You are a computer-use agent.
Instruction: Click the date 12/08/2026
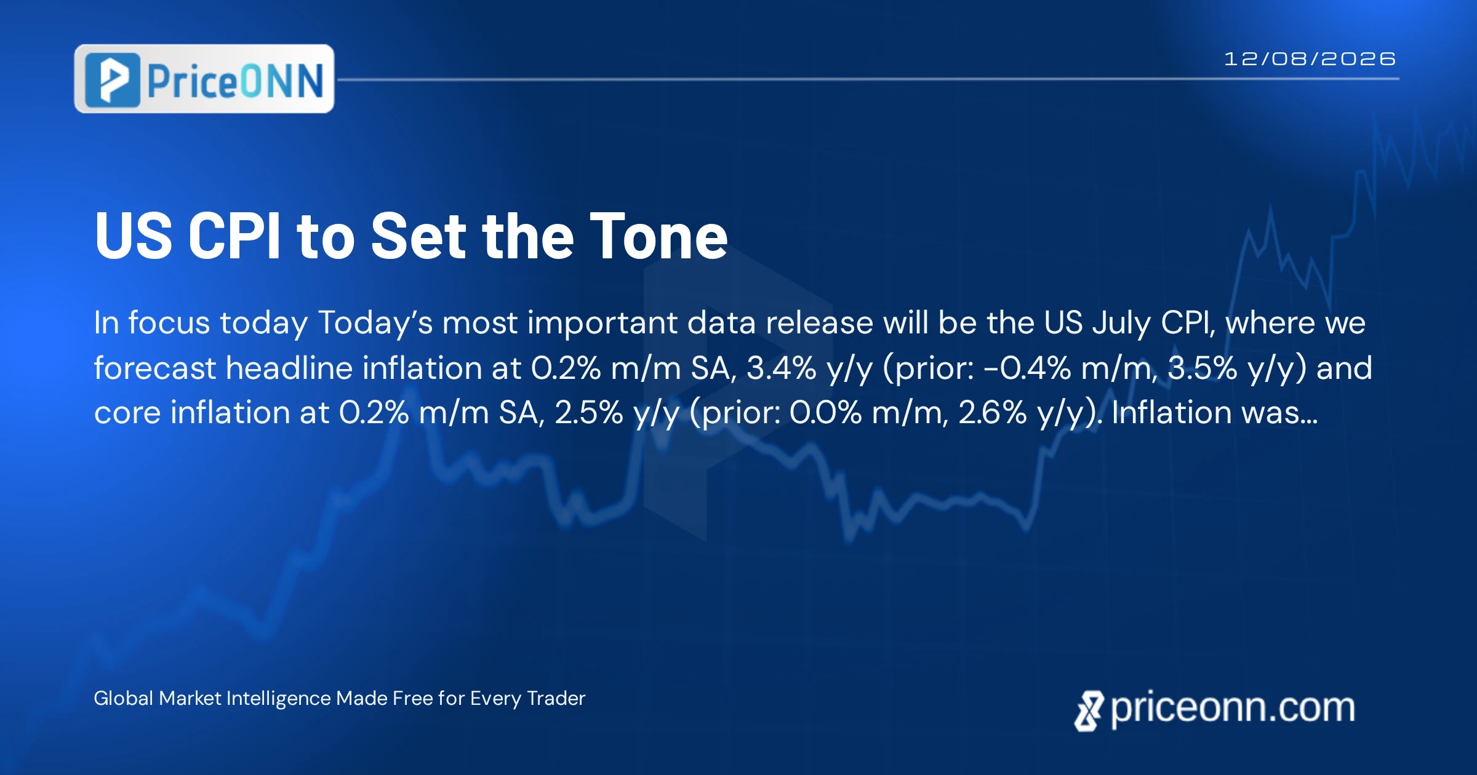coord(1310,59)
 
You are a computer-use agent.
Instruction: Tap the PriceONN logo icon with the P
coord(113,80)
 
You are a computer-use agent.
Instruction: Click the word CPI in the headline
coord(234,236)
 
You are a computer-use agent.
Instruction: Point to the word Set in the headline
coord(419,236)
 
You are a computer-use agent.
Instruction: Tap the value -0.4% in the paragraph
coord(1028,368)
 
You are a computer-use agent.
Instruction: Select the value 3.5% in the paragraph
coord(1203,368)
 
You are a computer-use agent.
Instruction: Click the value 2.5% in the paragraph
coord(589,413)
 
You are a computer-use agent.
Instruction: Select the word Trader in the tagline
coord(556,698)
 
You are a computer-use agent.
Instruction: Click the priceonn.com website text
coord(1233,708)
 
